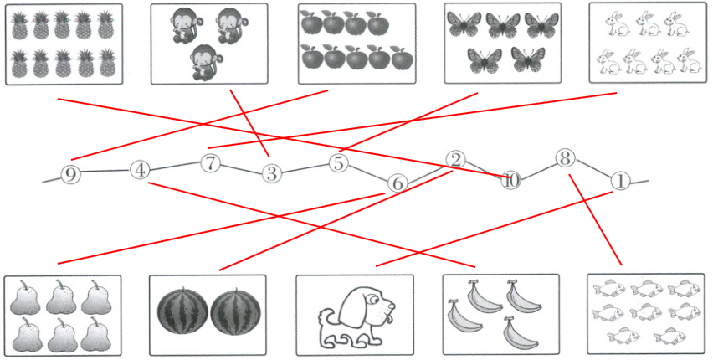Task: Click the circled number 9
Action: pos(70,175)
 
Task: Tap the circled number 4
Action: pos(140,171)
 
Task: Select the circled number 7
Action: pos(210,164)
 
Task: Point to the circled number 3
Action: pos(271,173)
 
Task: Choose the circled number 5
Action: pos(338,163)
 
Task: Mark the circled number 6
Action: pos(397,184)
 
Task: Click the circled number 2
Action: pos(455,160)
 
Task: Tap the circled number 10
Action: pos(511,180)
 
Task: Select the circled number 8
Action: pos(565,159)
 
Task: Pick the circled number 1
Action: pos(619,181)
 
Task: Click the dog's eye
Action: pos(371,300)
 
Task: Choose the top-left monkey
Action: pos(183,27)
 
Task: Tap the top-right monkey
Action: pos(231,27)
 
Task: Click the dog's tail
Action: pos(325,316)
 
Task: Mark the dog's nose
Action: pos(392,306)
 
